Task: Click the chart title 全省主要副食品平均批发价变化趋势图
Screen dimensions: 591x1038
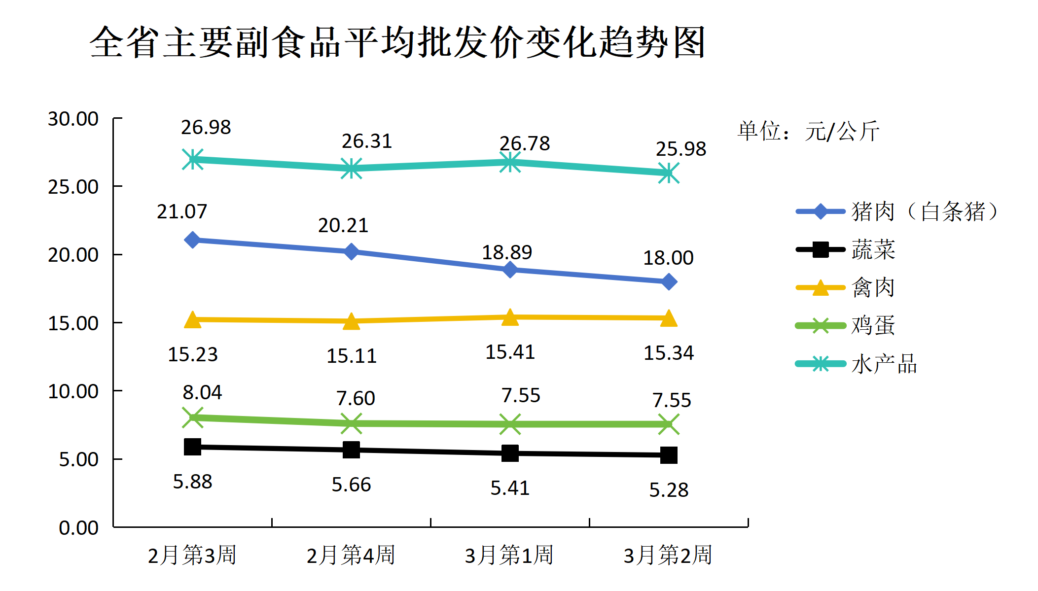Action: (x=397, y=42)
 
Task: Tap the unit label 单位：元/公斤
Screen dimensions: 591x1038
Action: (x=808, y=131)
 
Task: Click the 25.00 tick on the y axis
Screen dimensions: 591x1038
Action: (x=73, y=187)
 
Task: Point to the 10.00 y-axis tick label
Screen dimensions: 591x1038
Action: (x=73, y=391)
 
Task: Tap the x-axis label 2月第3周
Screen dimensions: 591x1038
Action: (x=192, y=555)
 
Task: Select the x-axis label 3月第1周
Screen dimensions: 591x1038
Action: (x=509, y=555)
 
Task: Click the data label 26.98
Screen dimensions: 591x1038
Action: (x=206, y=127)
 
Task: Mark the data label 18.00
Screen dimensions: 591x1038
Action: (x=668, y=258)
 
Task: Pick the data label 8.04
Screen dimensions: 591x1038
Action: (x=202, y=392)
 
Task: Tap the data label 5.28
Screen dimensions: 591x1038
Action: (x=669, y=490)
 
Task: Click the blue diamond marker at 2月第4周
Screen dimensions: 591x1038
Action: (x=351, y=251)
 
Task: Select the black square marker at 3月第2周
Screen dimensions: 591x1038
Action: (x=669, y=455)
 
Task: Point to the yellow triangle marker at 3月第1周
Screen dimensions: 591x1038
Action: (x=510, y=318)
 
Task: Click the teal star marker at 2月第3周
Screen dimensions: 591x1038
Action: (x=192, y=159)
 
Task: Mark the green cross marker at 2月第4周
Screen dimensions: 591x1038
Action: (x=351, y=423)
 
